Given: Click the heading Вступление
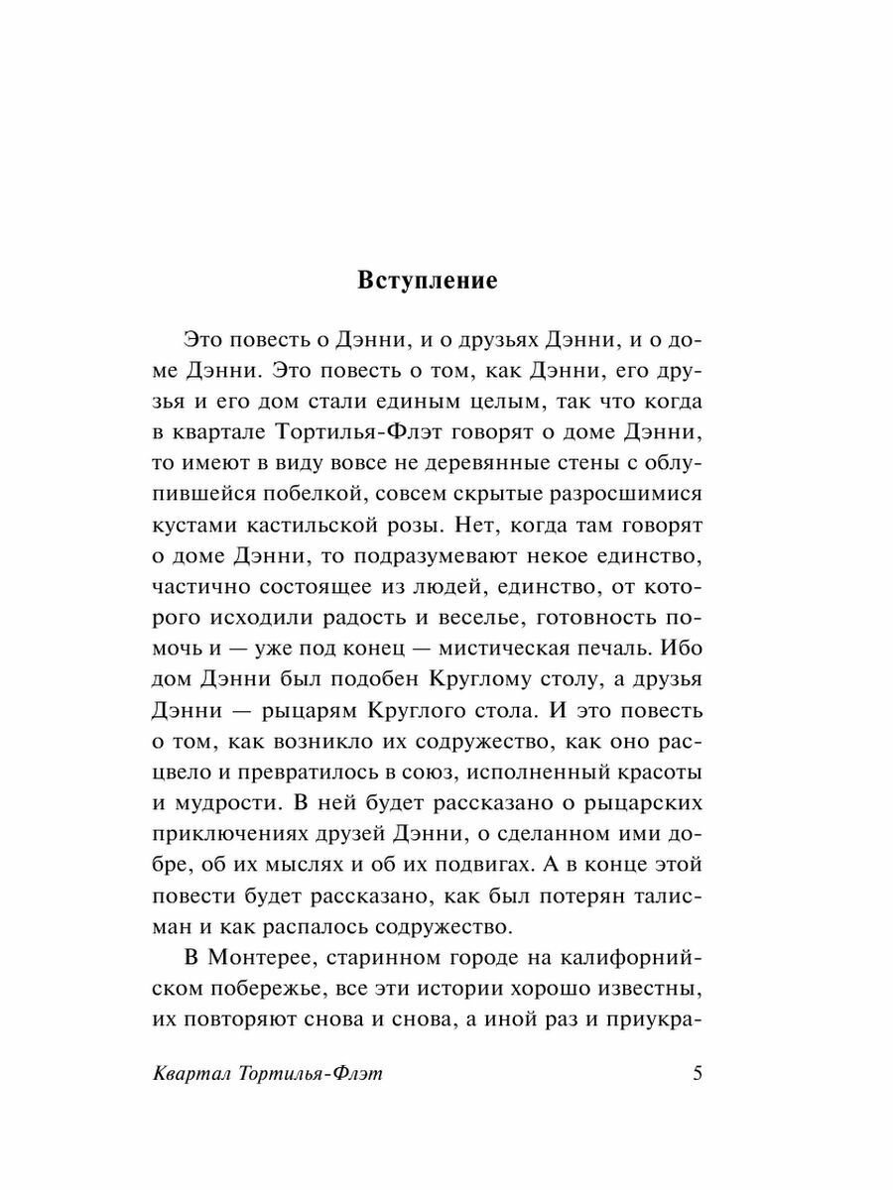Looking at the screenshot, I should click(x=427, y=281).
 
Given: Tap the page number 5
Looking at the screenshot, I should click(x=698, y=1075).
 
